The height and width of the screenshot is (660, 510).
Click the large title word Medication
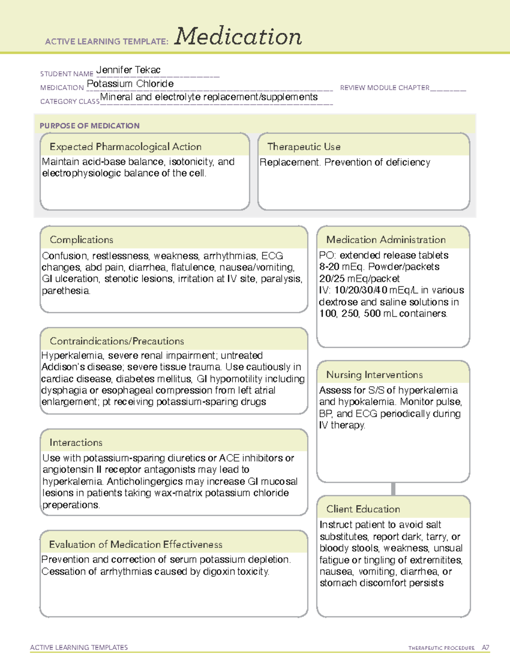click(238, 37)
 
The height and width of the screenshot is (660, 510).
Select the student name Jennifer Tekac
click(128, 70)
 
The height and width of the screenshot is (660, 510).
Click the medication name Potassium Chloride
click(130, 84)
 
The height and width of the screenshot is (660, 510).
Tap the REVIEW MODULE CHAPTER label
click(385, 88)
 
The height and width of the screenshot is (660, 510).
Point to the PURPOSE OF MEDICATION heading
click(90, 126)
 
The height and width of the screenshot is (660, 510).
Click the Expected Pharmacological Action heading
click(125, 147)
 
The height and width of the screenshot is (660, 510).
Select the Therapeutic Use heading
click(304, 147)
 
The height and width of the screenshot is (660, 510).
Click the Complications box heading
click(82, 240)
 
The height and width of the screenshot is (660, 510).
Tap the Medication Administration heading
click(386, 240)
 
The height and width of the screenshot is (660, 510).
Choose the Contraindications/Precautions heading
click(117, 341)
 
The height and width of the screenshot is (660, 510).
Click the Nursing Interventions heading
click(374, 375)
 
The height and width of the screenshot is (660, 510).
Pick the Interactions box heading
click(76, 443)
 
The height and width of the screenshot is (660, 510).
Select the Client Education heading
click(363, 509)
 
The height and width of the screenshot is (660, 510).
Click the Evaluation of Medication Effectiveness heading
click(136, 544)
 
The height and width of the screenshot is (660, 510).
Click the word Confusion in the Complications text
click(64, 256)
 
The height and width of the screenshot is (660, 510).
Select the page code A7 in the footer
click(485, 648)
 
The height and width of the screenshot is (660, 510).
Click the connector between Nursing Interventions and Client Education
click(393, 489)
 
